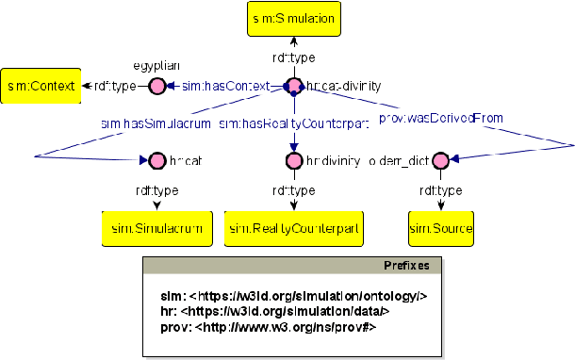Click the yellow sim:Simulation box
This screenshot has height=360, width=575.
[x=293, y=18]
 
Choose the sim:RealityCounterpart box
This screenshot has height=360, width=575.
[x=293, y=227]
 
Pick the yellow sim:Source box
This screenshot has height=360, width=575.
[x=440, y=227]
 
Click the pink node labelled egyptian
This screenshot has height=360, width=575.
[x=156, y=87]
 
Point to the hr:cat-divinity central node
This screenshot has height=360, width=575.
[x=293, y=87]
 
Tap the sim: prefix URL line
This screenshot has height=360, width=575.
[x=294, y=296]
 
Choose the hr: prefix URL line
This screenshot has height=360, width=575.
[x=274, y=311]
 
